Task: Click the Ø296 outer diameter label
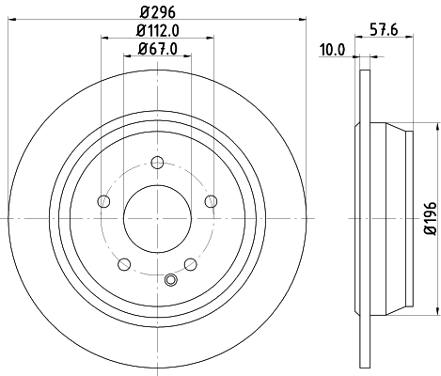(x=156, y=13)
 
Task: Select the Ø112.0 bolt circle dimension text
(x=156, y=31)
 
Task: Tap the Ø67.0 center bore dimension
(x=156, y=49)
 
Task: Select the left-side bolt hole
(x=102, y=199)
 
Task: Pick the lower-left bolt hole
(x=123, y=264)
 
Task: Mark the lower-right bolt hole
(x=190, y=264)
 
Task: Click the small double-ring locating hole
(x=170, y=279)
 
